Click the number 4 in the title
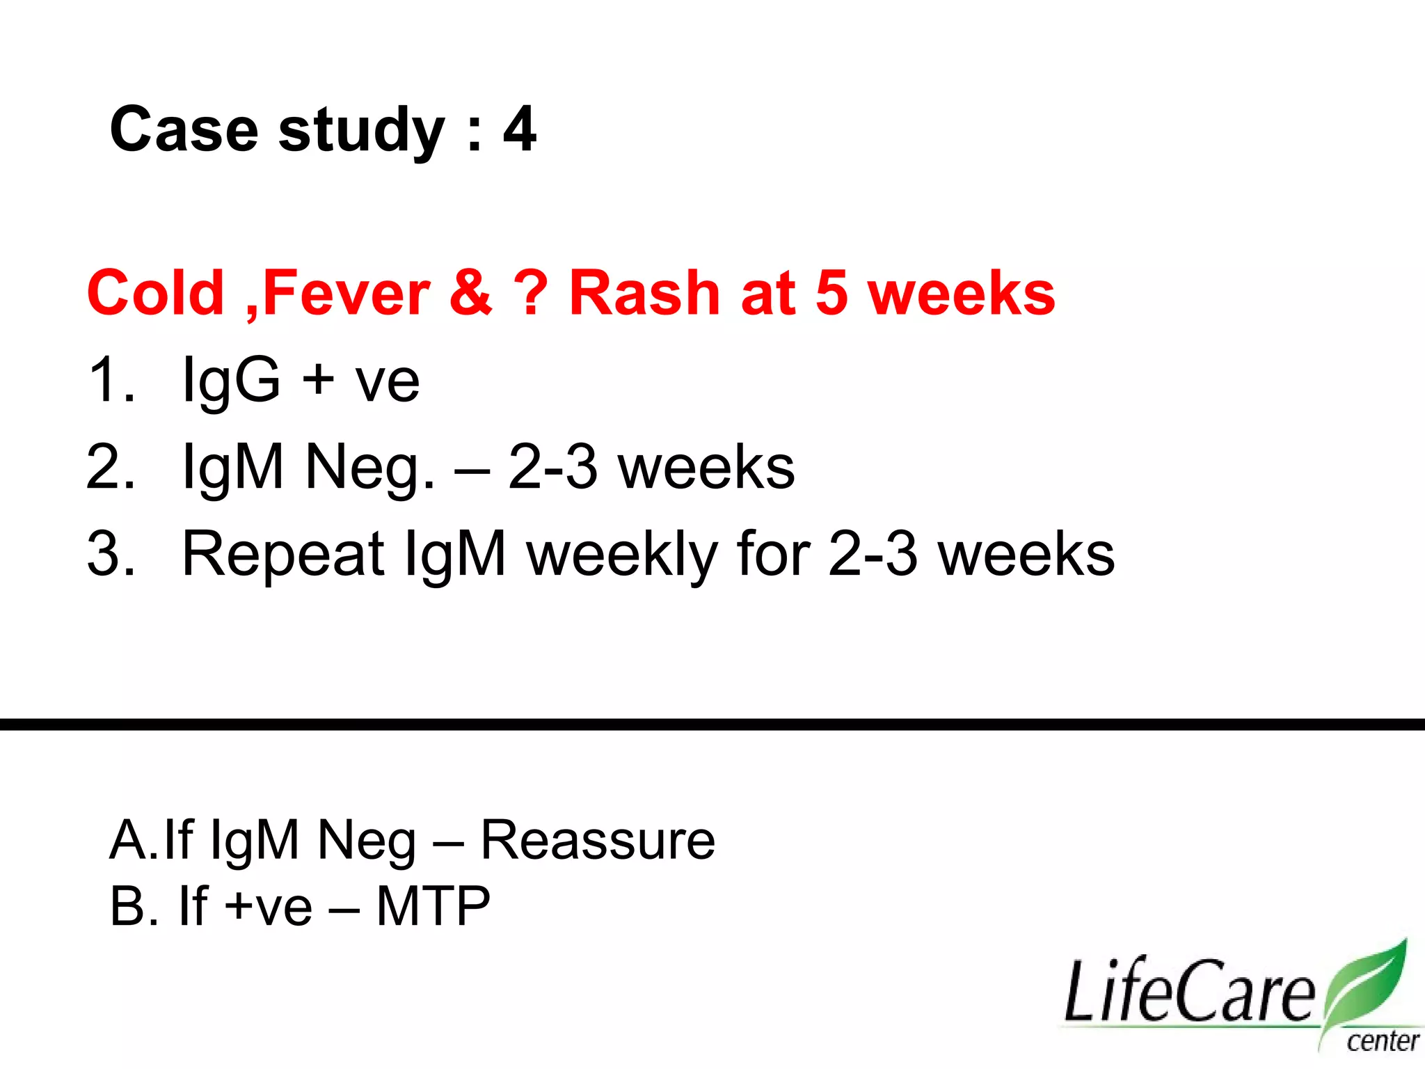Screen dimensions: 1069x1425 [520, 129]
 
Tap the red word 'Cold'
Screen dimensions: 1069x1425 [155, 293]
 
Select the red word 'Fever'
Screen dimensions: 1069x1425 [346, 293]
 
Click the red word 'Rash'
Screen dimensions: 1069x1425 [644, 293]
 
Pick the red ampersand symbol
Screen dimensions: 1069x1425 [471, 293]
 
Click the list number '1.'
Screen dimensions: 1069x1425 [111, 380]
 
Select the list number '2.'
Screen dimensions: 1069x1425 [111, 467]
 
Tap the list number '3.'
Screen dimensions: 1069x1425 [111, 554]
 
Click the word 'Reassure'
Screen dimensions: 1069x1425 [598, 840]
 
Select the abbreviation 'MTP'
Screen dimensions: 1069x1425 [433, 906]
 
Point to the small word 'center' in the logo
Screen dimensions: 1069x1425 [1382, 1042]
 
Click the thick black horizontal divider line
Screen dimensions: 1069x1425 [712, 724]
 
